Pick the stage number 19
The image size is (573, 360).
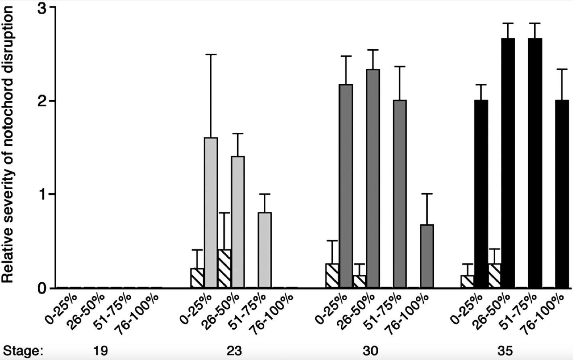pos(101,351)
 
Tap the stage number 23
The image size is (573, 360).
pos(235,351)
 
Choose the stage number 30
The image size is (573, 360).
pos(370,351)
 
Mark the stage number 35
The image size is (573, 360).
pos(505,351)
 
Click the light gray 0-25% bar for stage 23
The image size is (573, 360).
pos(211,212)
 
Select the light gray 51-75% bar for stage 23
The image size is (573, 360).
pos(265,250)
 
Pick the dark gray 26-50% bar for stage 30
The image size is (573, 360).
pos(373,178)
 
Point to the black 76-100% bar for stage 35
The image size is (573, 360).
pos(562,194)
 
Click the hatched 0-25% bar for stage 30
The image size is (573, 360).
pos(332,276)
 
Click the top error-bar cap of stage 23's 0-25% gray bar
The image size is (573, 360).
pos(211,54)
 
